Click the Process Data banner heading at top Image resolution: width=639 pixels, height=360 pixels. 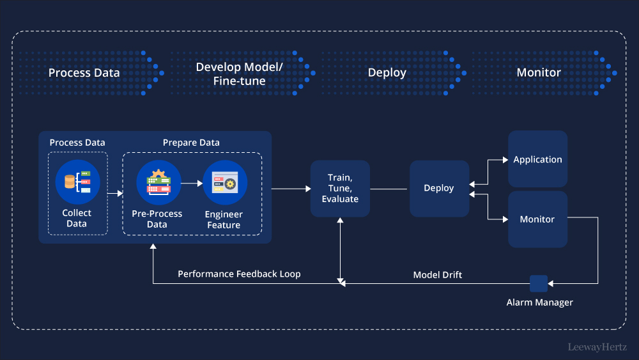pos(84,72)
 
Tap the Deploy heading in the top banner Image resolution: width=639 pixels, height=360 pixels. pos(387,72)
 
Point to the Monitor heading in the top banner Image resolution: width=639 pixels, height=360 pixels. pos(538,72)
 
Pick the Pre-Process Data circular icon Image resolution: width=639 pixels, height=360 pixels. pos(158,182)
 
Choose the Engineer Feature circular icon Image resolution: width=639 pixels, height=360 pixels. pos(225,182)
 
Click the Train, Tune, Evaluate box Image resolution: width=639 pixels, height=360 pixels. pos(340,189)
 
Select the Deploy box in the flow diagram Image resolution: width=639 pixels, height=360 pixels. pos(439,188)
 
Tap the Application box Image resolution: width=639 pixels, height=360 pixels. pos(537,159)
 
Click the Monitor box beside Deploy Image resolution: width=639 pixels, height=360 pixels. pos(537,219)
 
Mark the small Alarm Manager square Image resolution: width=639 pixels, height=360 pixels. pos(539,283)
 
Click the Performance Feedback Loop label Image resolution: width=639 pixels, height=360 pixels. pos(239,274)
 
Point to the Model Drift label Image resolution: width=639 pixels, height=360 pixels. pos(438,275)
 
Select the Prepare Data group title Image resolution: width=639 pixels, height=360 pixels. pos(191,143)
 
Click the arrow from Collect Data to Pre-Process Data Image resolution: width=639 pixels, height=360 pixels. pos(115,192)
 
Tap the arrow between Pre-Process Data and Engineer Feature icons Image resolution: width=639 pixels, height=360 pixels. pos(191,182)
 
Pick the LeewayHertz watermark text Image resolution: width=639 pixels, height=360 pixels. pos(597,347)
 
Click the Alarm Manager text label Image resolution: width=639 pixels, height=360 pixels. pos(539,302)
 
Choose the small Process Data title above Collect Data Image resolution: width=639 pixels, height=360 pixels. pos(77,143)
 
